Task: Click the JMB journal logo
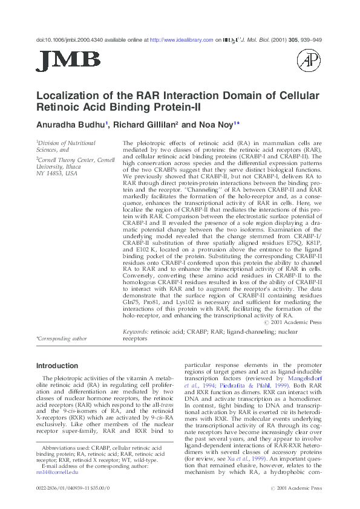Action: (x=68, y=60)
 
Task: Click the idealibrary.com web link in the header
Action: (x=182, y=40)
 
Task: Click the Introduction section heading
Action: (x=61, y=366)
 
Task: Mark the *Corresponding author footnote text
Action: (x=62, y=339)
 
